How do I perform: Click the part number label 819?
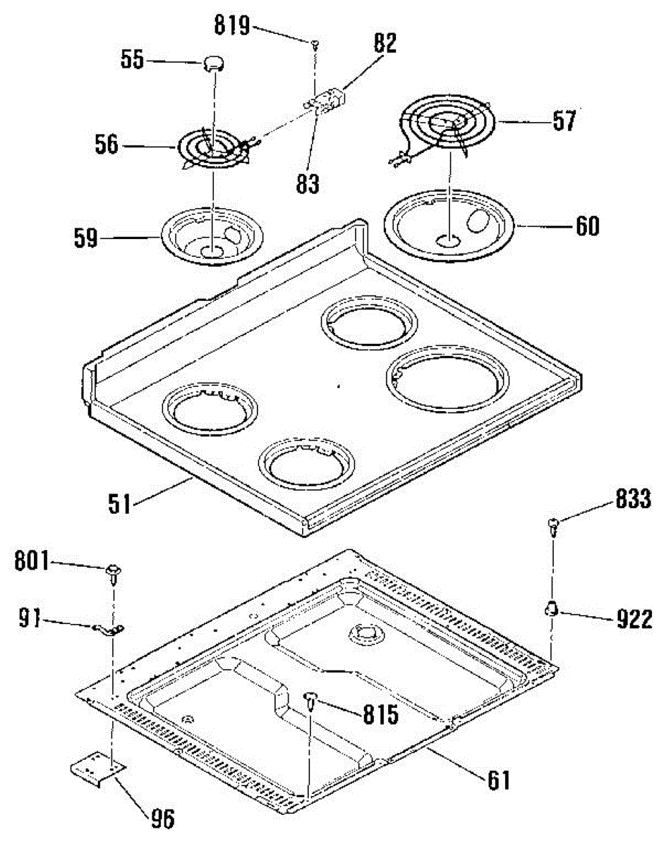click(x=233, y=27)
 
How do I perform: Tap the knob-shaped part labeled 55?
click(x=213, y=63)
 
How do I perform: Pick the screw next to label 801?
click(x=112, y=571)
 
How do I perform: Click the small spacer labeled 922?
click(x=551, y=607)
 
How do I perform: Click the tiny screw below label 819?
click(x=313, y=44)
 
